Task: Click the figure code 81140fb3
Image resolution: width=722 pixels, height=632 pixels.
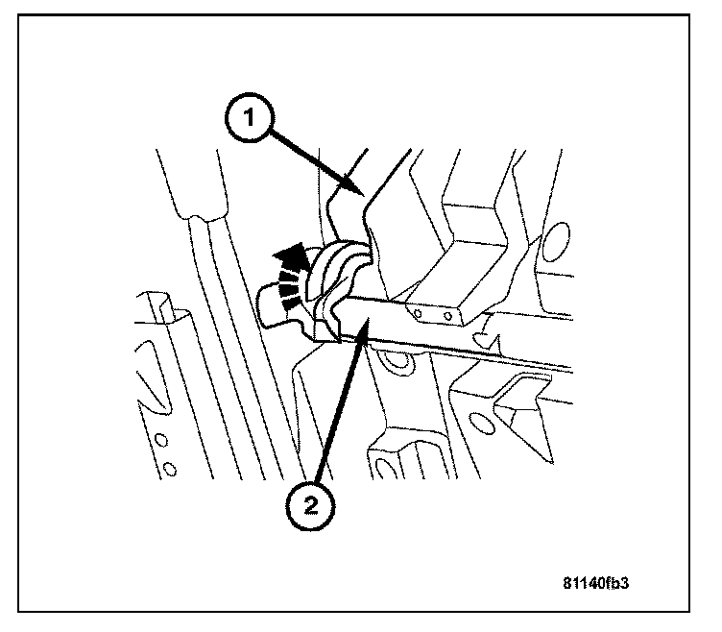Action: (x=602, y=582)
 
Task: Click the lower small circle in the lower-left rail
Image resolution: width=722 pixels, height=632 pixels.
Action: (x=171, y=470)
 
